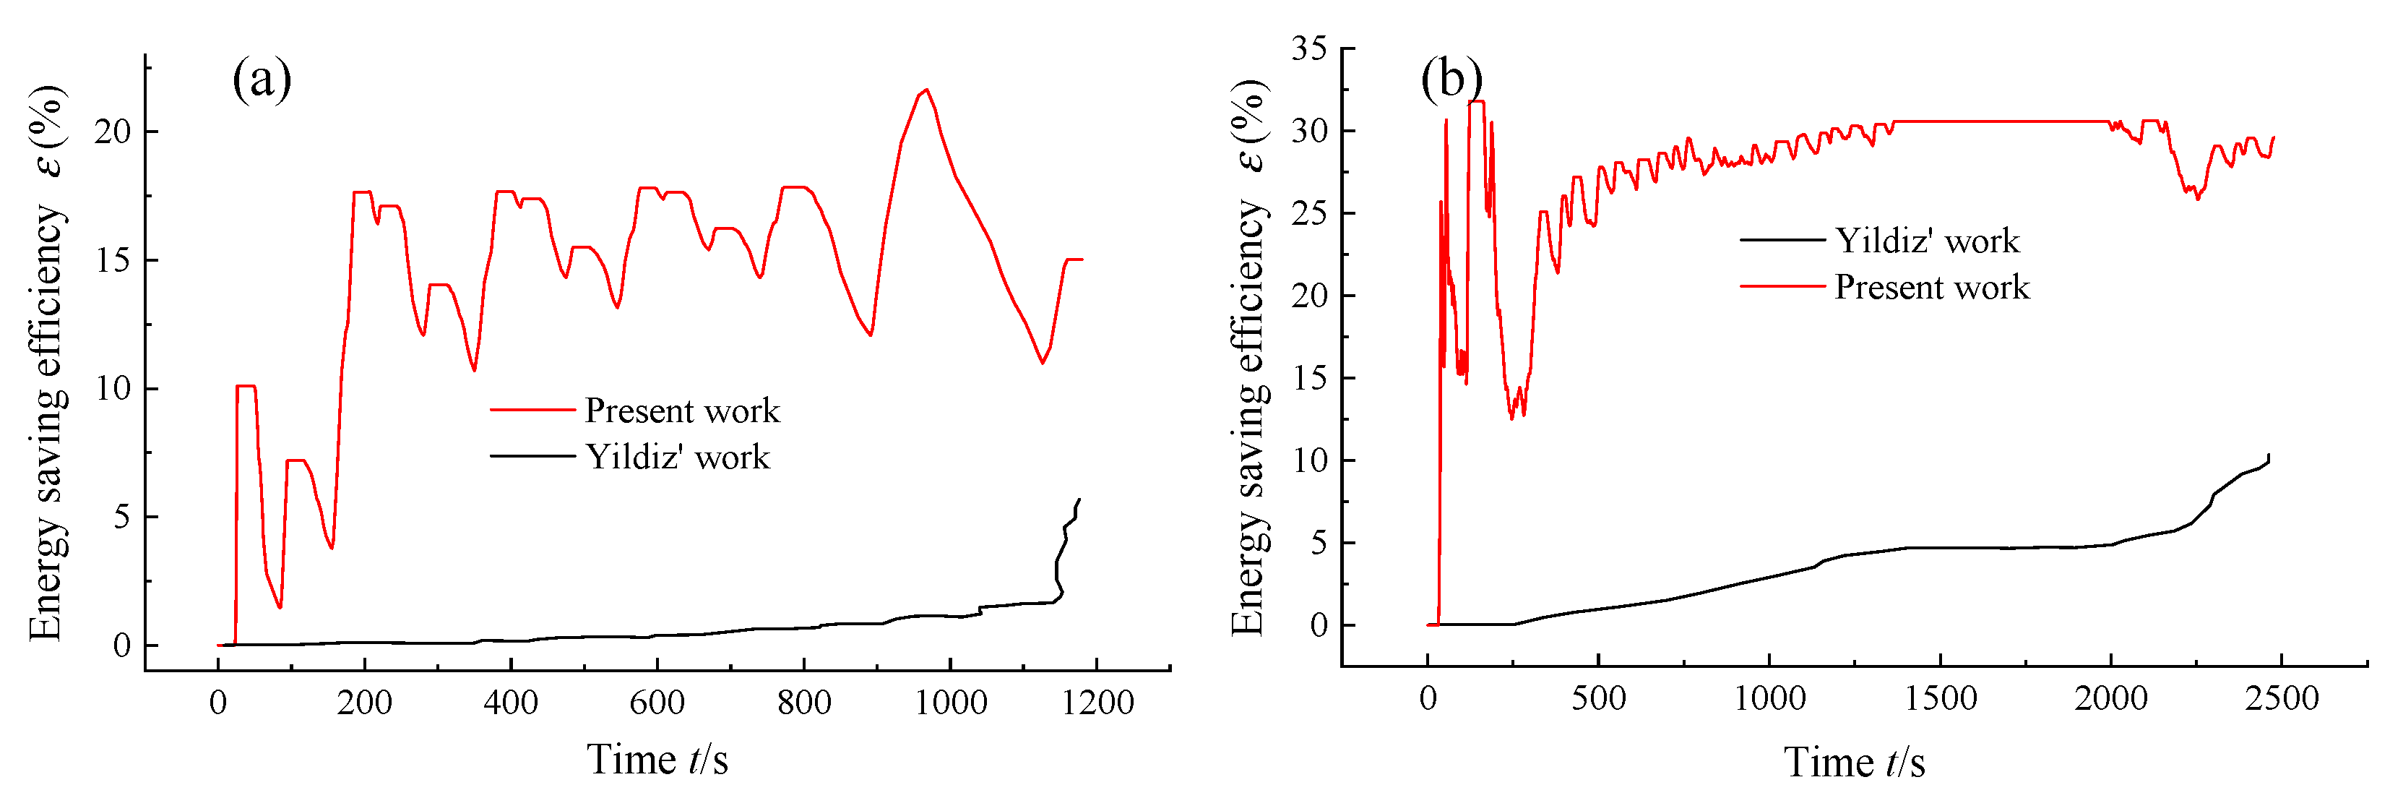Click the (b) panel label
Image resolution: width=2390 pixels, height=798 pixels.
[1450, 79]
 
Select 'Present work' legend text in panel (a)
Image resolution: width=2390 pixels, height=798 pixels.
[682, 410]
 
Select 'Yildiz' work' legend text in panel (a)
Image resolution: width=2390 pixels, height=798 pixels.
[677, 457]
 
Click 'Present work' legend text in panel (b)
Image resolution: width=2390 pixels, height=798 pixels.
[1932, 287]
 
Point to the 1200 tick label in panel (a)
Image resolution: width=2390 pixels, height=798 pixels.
[1097, 703]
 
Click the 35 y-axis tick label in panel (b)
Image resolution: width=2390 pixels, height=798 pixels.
[1308, 48]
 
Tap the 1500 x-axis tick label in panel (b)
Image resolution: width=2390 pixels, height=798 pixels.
[1940, 698]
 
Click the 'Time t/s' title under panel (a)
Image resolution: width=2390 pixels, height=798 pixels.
[657, 760]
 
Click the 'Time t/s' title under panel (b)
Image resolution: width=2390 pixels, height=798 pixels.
[1854, 763]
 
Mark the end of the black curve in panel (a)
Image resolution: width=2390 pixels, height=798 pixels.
[1079, 500]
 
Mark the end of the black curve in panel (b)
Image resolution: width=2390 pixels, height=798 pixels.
[2269, 455]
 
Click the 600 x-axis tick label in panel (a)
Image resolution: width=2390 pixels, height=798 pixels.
[657, 703]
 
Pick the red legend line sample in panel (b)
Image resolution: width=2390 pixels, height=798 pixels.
[1782, 287]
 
